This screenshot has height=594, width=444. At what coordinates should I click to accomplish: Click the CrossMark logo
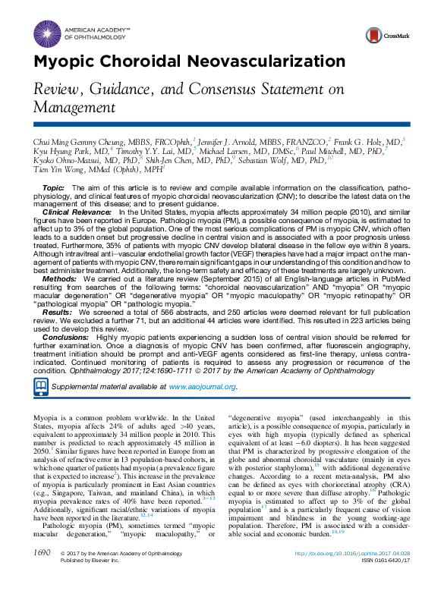click(384, 35)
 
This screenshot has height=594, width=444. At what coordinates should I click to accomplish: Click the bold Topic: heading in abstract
click(53, 187)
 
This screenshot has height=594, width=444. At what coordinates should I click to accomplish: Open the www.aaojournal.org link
click(202, 387)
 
